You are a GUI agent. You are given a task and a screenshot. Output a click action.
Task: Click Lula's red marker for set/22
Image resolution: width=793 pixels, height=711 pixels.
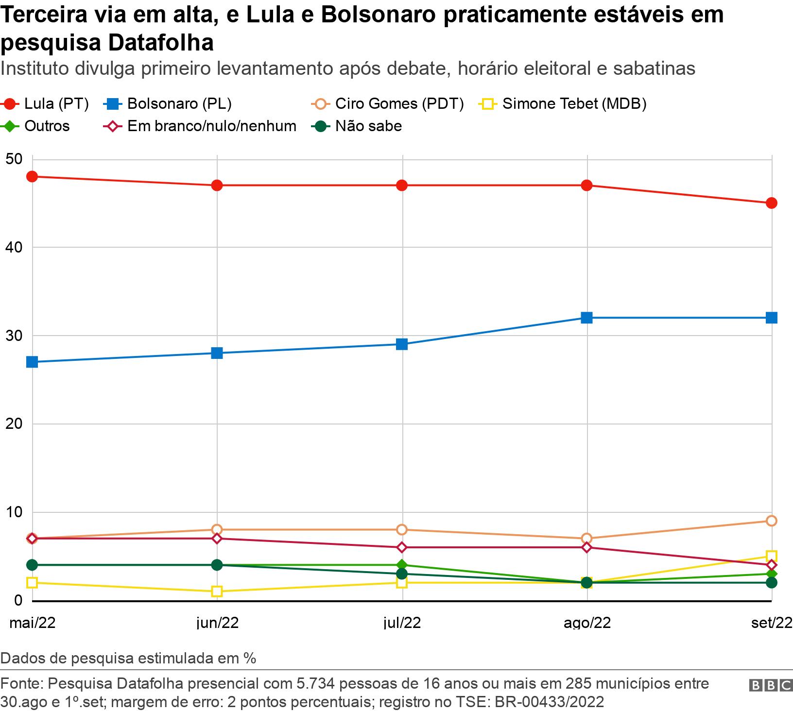[771, 203]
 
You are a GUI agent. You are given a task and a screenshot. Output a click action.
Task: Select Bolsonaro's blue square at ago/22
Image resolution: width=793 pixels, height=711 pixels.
[586, 318]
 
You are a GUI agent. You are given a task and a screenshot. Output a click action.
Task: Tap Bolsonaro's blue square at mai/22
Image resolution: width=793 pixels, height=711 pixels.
[32, 362]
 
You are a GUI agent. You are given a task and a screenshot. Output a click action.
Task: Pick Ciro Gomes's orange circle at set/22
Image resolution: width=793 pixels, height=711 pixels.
[771, 521]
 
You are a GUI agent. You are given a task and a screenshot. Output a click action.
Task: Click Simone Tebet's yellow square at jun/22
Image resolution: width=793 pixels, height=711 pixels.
[217, 592]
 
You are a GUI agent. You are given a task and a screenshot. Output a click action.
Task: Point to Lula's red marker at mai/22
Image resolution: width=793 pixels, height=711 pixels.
[32, 176]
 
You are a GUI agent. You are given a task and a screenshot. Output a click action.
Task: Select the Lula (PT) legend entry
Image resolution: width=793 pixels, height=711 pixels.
[46, 103]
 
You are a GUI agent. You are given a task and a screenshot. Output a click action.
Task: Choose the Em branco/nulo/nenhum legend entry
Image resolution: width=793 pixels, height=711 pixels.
[200, 126]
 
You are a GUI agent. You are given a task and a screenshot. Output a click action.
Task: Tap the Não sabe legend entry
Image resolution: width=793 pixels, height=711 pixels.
[357, 126]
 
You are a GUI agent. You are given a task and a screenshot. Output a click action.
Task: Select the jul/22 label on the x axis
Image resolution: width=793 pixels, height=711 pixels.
[402, 623]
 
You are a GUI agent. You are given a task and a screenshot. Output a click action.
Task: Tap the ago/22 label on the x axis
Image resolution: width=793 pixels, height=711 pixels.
[586, 623]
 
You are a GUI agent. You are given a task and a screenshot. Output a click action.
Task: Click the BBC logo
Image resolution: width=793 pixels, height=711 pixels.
[771, 685]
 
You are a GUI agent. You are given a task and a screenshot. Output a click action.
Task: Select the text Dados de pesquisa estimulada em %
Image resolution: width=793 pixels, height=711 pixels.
[128, 659]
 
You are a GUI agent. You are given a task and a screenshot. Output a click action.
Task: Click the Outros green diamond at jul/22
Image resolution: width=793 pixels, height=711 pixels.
[402, 565]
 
